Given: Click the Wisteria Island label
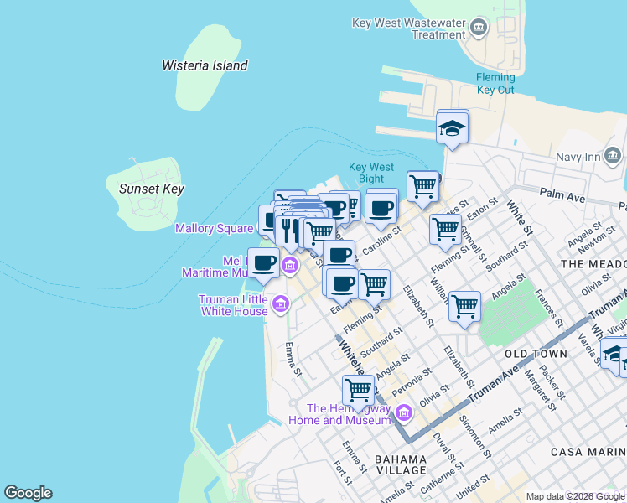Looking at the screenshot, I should pyautogui.click(x=205, y=65).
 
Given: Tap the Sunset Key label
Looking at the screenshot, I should pyautogui.click(x=151, y=189).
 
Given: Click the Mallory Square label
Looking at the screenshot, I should pyautogui.click(x=214, y=228).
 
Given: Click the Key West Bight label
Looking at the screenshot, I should pyautogui.click(x=370, y=173).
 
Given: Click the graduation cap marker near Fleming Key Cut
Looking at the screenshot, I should pyautogui.click(x=453, y=128).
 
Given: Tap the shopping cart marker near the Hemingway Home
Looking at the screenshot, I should pyautogui.click(x=359, y=390).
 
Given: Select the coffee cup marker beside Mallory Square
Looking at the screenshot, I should pyautogui.click(x=263, y=263).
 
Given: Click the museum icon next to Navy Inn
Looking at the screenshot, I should pyautogui.click(x=613, y=156).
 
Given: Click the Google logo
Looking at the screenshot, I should pyautogui.click(x=28, y=493).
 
